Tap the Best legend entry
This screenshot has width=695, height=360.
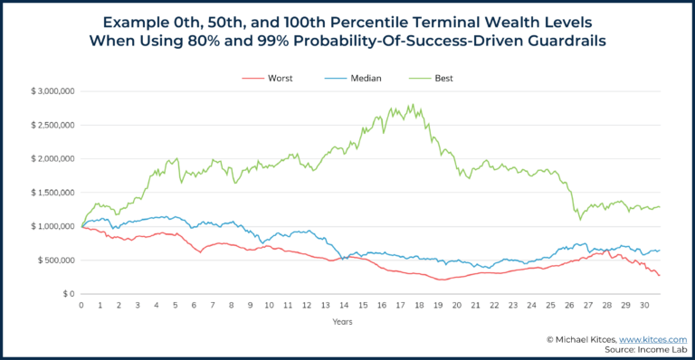[x=443, y=78]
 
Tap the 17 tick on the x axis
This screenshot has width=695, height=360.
[x=399, y=306]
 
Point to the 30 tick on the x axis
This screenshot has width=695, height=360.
[x=643, y=306]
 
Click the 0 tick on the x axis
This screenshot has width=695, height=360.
[x=81, y=306]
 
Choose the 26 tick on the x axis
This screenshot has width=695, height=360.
[x=567, y=306]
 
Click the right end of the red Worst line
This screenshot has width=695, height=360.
[x=659, y=276]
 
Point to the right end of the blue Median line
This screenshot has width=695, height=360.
[x=659, y=251]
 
